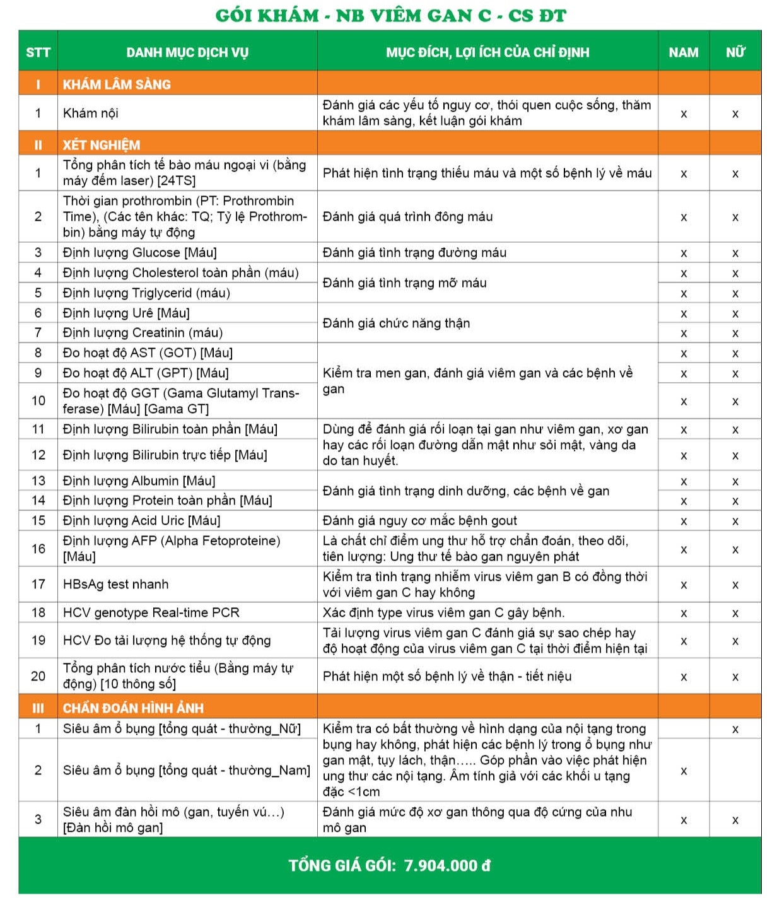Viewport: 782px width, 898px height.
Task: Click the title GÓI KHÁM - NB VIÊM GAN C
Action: click(390, 15)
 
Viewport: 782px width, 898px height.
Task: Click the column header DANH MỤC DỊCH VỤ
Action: click(187, 52)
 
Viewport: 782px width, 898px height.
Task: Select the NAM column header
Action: click(684, 52)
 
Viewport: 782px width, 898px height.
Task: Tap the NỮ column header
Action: click(735, 52)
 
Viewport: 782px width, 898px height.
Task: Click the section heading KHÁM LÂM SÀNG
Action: click(117, 84)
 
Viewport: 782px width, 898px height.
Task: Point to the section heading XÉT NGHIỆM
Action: click(102, 144)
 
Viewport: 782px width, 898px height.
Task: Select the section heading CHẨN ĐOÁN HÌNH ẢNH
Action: click(133, 708)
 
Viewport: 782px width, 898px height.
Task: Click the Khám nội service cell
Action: click(91, 113)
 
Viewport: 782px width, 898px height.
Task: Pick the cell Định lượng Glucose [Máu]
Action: click(140, 252)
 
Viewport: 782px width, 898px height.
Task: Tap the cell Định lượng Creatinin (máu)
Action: click(143, 332)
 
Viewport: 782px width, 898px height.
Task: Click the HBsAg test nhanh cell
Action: click(116, 584)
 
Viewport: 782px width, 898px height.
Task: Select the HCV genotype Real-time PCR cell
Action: click(151, 612)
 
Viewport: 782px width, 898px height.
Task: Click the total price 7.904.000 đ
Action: click(447, 865)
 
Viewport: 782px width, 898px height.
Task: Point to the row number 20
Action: click(38, 676)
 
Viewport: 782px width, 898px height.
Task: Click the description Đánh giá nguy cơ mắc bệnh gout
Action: click(419, 520)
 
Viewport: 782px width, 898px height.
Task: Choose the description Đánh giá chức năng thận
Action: click(396, 323)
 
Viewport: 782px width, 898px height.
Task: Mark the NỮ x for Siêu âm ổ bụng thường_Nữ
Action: click(735, 729)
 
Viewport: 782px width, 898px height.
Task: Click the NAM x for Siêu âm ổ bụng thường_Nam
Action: click(684, 771)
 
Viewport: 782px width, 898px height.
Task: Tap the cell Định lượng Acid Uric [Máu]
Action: click(142, 520)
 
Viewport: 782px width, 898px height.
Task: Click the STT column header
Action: click(38, 52)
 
